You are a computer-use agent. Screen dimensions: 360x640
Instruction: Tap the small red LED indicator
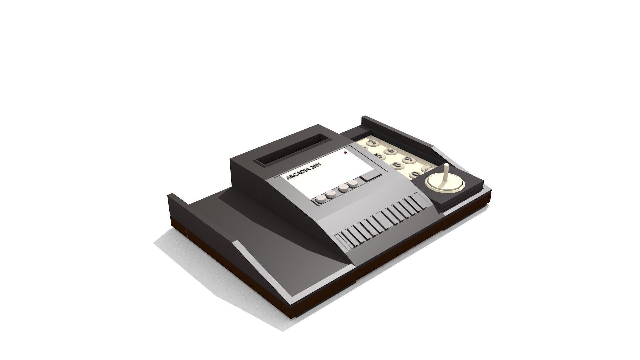tap(346, 153)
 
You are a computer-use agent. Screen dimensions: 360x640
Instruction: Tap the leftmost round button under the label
tap(88, 200)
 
